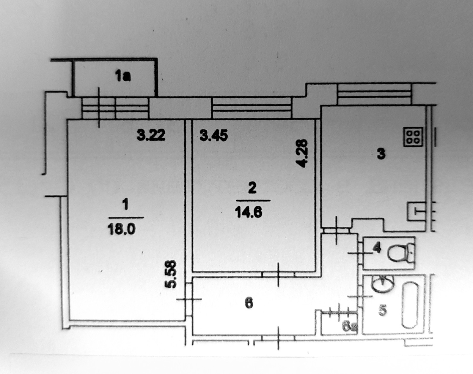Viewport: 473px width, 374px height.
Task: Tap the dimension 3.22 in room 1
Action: click(151, 136)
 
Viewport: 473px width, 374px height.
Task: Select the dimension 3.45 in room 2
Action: click(214, 136)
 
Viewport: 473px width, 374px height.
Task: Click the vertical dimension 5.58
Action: click(172, 274)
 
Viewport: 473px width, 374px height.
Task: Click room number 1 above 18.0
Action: click(126, 205)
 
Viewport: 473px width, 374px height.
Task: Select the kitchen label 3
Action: click(381, 154)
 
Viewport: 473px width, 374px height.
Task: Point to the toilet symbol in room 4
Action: click(401, 253)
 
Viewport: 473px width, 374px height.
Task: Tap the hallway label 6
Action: click(249, 303)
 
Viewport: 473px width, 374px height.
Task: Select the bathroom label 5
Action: click(383, 310)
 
